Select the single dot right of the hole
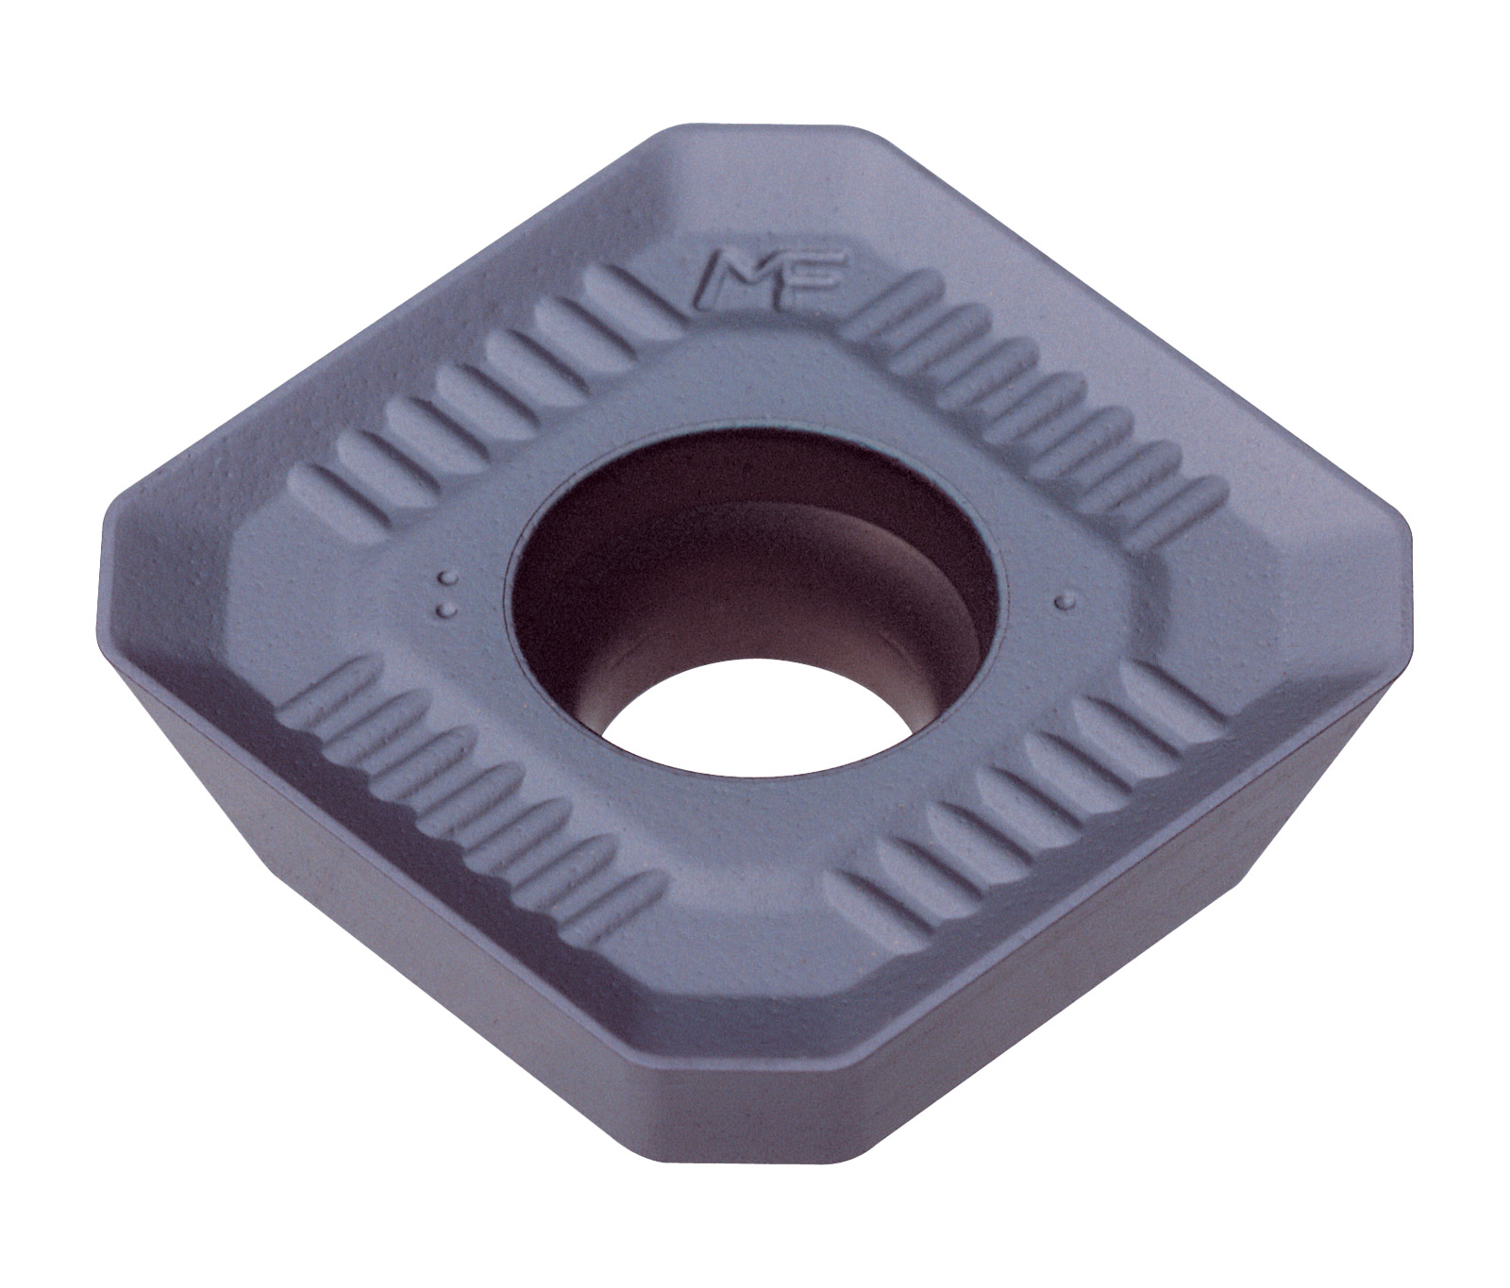click(1064, 598)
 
